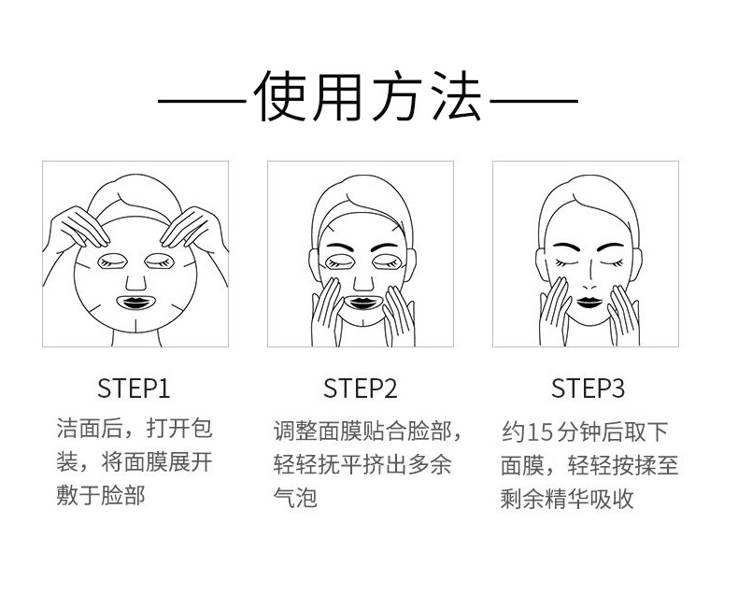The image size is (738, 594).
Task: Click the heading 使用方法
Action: (x=369, y=97)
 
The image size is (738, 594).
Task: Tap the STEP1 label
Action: (x=135, y=389)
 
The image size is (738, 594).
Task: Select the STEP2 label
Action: (x=361, y=389)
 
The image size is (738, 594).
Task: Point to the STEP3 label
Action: (x=588, y=389)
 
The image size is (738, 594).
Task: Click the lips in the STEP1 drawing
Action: (x=136, y=302)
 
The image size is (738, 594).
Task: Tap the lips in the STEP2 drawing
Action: (x=361, y=302)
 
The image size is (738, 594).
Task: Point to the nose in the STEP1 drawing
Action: (x=136, y=277)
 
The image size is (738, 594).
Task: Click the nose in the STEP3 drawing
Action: (x=585, y=278)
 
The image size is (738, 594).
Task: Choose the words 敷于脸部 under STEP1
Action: (x=101, y=495)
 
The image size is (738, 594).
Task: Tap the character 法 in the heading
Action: (x=453, y=97)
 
